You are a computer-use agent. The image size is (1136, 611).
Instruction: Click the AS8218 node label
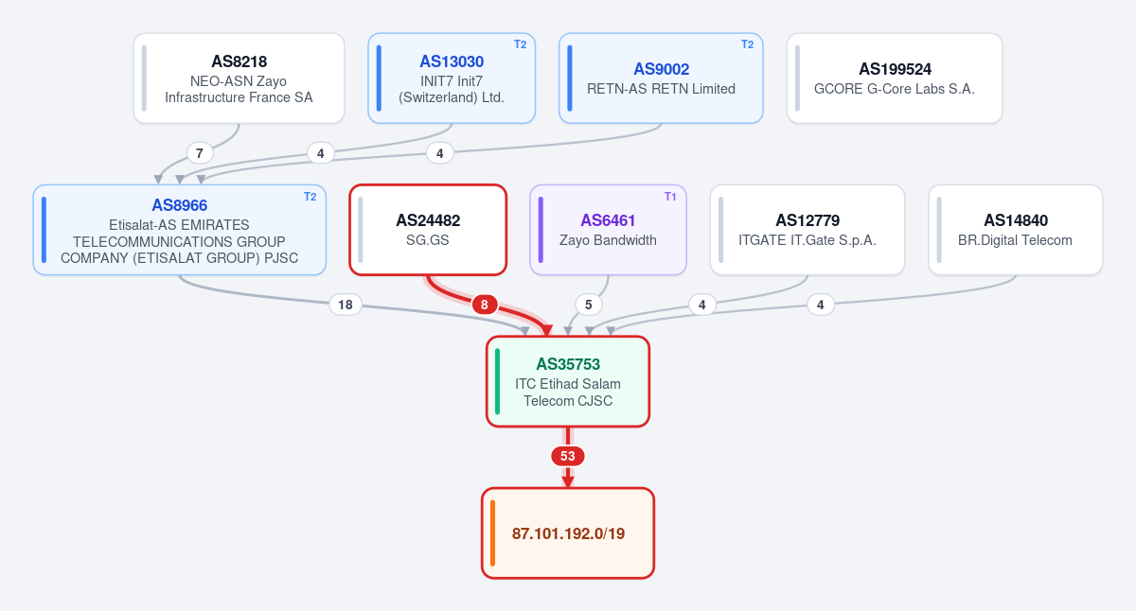(x=239, y=61)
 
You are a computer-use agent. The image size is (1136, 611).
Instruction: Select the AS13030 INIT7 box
(x=452, y=78)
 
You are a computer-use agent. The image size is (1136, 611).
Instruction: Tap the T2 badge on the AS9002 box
(x=747, y=44)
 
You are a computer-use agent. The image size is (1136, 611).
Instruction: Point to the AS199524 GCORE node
(x=894, y=78)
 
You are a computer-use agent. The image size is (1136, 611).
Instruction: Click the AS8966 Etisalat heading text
(x=180, y=205)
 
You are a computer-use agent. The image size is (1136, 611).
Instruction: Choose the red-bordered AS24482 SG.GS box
(x=428, y=230)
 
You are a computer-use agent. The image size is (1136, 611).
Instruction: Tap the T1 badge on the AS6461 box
(x=670, y=197)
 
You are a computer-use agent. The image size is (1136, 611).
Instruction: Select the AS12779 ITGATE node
(x=808, y=230)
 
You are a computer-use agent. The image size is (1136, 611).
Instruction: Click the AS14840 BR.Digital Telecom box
(x=1015, y=230)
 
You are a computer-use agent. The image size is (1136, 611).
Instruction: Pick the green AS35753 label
(x=568, y=364)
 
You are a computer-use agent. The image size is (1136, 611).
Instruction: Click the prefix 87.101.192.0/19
(x=568, y=533)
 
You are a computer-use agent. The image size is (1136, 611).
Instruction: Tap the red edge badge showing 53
(x=567, y=456)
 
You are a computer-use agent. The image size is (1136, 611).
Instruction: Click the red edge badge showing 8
(x=485, y=305)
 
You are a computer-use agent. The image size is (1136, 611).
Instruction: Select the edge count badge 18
(x=346, y=305)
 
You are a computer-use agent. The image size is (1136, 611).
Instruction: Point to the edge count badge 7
(x=200, y=153)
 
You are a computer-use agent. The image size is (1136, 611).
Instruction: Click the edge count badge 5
(x=588, y=305)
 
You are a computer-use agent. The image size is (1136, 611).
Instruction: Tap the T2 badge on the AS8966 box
(x=310, y=197)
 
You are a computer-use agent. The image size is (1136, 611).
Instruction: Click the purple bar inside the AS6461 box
(x=541, y=230)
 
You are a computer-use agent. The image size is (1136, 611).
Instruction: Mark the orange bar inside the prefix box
(x=492, y=533)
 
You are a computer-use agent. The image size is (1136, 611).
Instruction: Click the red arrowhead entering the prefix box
(x=568, y=481)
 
